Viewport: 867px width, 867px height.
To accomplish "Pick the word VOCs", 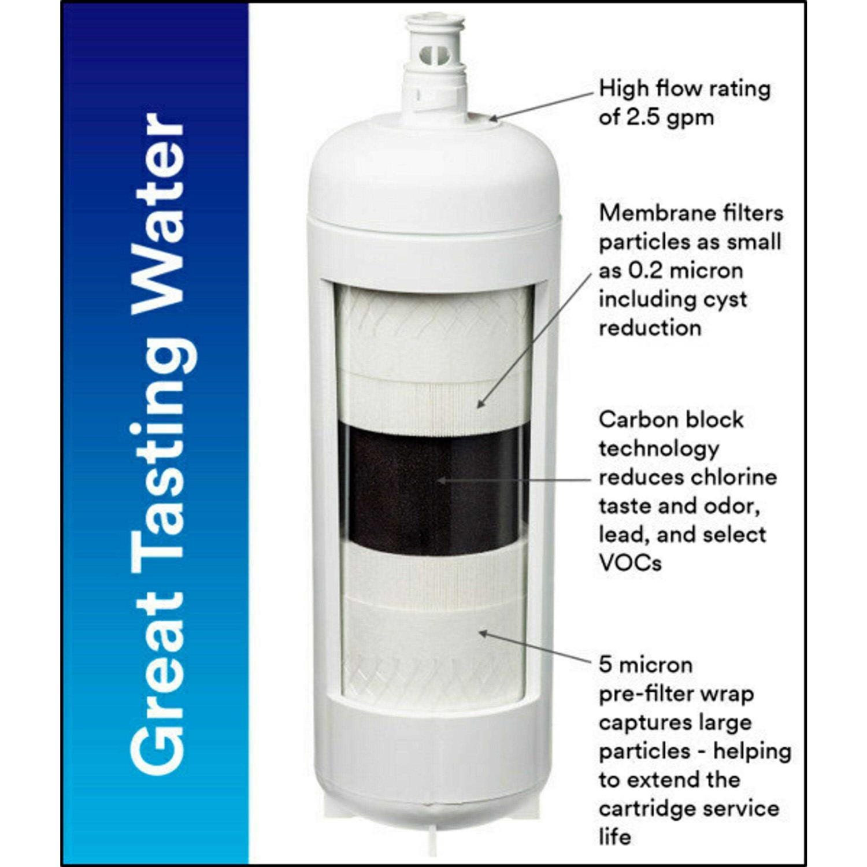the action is click(x=630, y=564).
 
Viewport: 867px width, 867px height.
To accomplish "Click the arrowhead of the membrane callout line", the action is click(x=481, y=403).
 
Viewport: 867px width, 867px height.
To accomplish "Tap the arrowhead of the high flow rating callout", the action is click(x=493, y=118).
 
